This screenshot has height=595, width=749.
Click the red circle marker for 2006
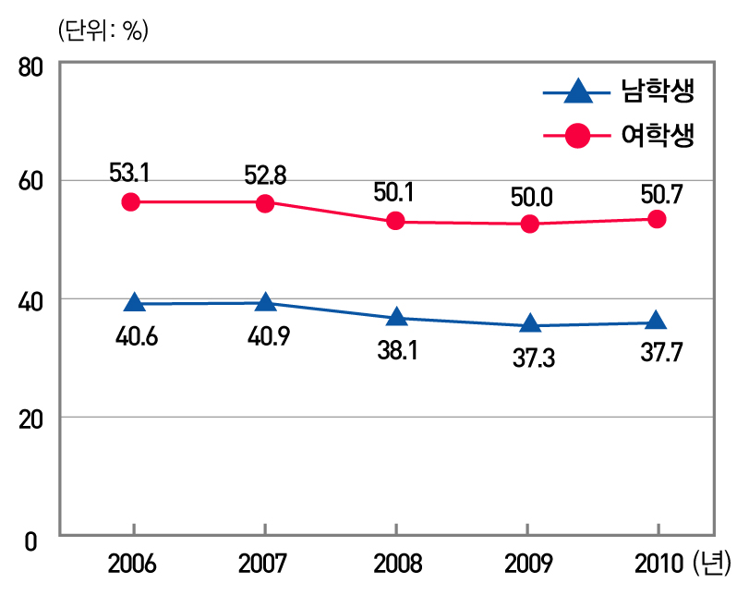click(x=131, y=201)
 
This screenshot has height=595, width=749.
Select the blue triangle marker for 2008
click(x=396, y=317)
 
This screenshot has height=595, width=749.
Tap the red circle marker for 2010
click(x=657, y=219)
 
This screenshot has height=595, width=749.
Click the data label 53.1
click(x=129, y=173)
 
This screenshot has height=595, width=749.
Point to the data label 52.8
click(x=265, y=173)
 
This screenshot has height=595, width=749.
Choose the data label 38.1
click(x=398, y=351)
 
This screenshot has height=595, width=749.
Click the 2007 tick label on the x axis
click(x=265, y=562)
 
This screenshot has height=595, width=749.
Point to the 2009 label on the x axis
click(x=526, y=562)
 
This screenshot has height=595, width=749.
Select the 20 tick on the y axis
click(x=31, y=419)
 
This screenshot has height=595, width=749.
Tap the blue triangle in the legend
click(x=577, y=91)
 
